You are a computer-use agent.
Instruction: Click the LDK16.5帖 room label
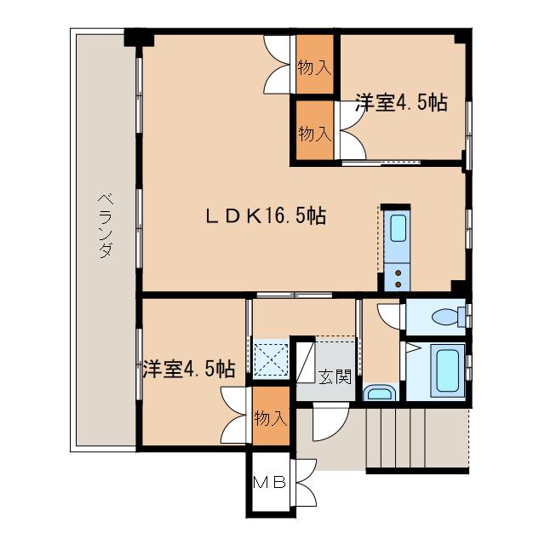click(x=266, y=216)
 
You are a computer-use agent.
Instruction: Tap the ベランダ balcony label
click(x=106, y=226)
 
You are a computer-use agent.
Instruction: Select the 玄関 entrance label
click(x=335, y=376)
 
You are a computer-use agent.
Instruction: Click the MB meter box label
click(x=269, y=483)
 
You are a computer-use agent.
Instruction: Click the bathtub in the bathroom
click(x=448, y=370)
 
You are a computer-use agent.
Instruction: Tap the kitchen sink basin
click(x=398, y=228)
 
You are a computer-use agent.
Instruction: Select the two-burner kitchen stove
click(x=398, y=278)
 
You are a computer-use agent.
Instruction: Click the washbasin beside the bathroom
click(x=380, y=393)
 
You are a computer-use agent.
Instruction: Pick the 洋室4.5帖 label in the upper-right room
click(x=401, y=102)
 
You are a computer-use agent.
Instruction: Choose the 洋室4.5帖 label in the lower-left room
click(x=189, y=369)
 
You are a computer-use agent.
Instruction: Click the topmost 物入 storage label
click(x=314, y=67)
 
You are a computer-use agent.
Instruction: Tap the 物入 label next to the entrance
click(x=271, y=417)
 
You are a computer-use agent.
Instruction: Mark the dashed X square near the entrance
click(x=271, y=359)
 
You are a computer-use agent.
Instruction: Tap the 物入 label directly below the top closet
click(x=315, y=134)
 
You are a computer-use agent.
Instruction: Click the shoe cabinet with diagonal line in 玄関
click(x=305, y=363)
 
